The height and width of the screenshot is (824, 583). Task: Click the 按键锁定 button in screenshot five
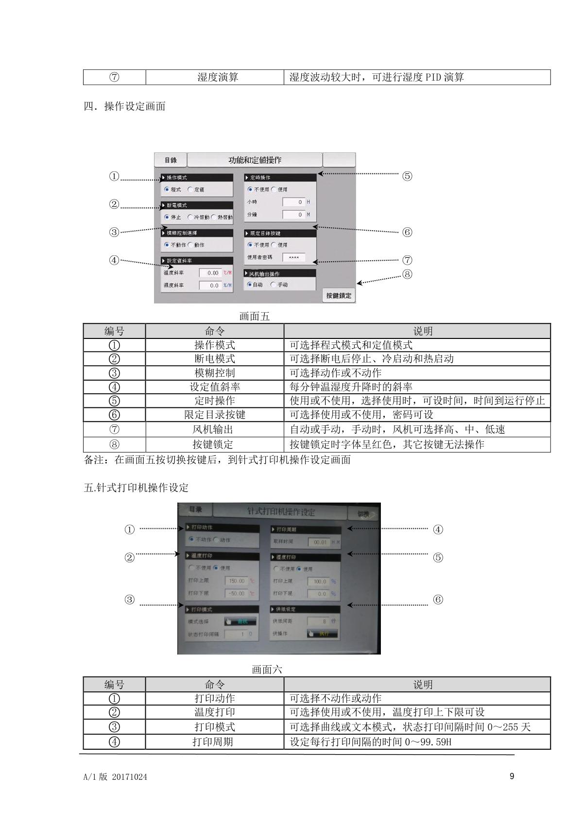[x=339, y=295]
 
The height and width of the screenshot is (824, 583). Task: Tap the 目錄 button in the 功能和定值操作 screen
[x=171, y=160]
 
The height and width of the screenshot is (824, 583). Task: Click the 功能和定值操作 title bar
[x=255, y=160]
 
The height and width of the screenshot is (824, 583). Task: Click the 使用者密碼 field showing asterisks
[x=293, y=257]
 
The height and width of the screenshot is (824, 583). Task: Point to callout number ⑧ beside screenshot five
[x=407, y=274]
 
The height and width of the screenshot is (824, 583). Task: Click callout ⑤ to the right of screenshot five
[x=407, y=176]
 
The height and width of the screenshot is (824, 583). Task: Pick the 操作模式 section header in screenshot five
[x=196, y=178]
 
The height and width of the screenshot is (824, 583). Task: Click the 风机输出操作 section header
[x=280, y=274]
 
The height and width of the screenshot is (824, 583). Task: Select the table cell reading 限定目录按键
[x=214, y=415]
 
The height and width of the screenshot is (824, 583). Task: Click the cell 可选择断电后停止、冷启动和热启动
[x=372, y=359]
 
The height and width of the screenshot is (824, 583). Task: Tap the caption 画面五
[x=254, y=317]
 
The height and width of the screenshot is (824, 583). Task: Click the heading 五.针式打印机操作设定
[x=136, y=488]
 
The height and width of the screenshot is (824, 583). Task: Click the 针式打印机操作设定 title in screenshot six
[x=281, y=512]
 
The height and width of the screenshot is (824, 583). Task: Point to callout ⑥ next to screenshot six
[x=438, y=600]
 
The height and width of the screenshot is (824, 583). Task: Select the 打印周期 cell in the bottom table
[x=214, y=742]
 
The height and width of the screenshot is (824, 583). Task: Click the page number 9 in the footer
[x=512, y=776]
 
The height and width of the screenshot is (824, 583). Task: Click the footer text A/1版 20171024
[x=115, y=777]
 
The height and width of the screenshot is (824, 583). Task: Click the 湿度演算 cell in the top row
[x=217, y=77]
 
